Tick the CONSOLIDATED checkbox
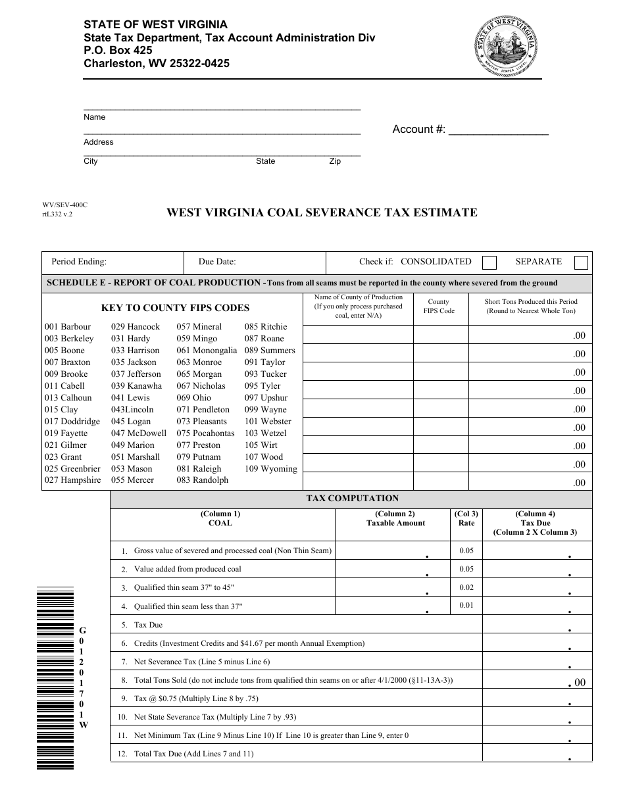click(489, 262)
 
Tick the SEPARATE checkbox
click(581, 262)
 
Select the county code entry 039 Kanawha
click(136, 386)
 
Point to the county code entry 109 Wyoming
click(270, 469)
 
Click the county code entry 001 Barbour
click(68, 327)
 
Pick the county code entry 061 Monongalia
click(207, 351)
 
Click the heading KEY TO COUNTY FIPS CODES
click(175, 308)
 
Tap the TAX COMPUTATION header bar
click(352, 499)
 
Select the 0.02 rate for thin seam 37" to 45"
click(466, 587)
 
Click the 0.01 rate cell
click(466, 605)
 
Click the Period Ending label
click(79, 262)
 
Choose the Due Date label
click(217, 262)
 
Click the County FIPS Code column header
click(438, 306)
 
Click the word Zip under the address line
click(335, 161)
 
